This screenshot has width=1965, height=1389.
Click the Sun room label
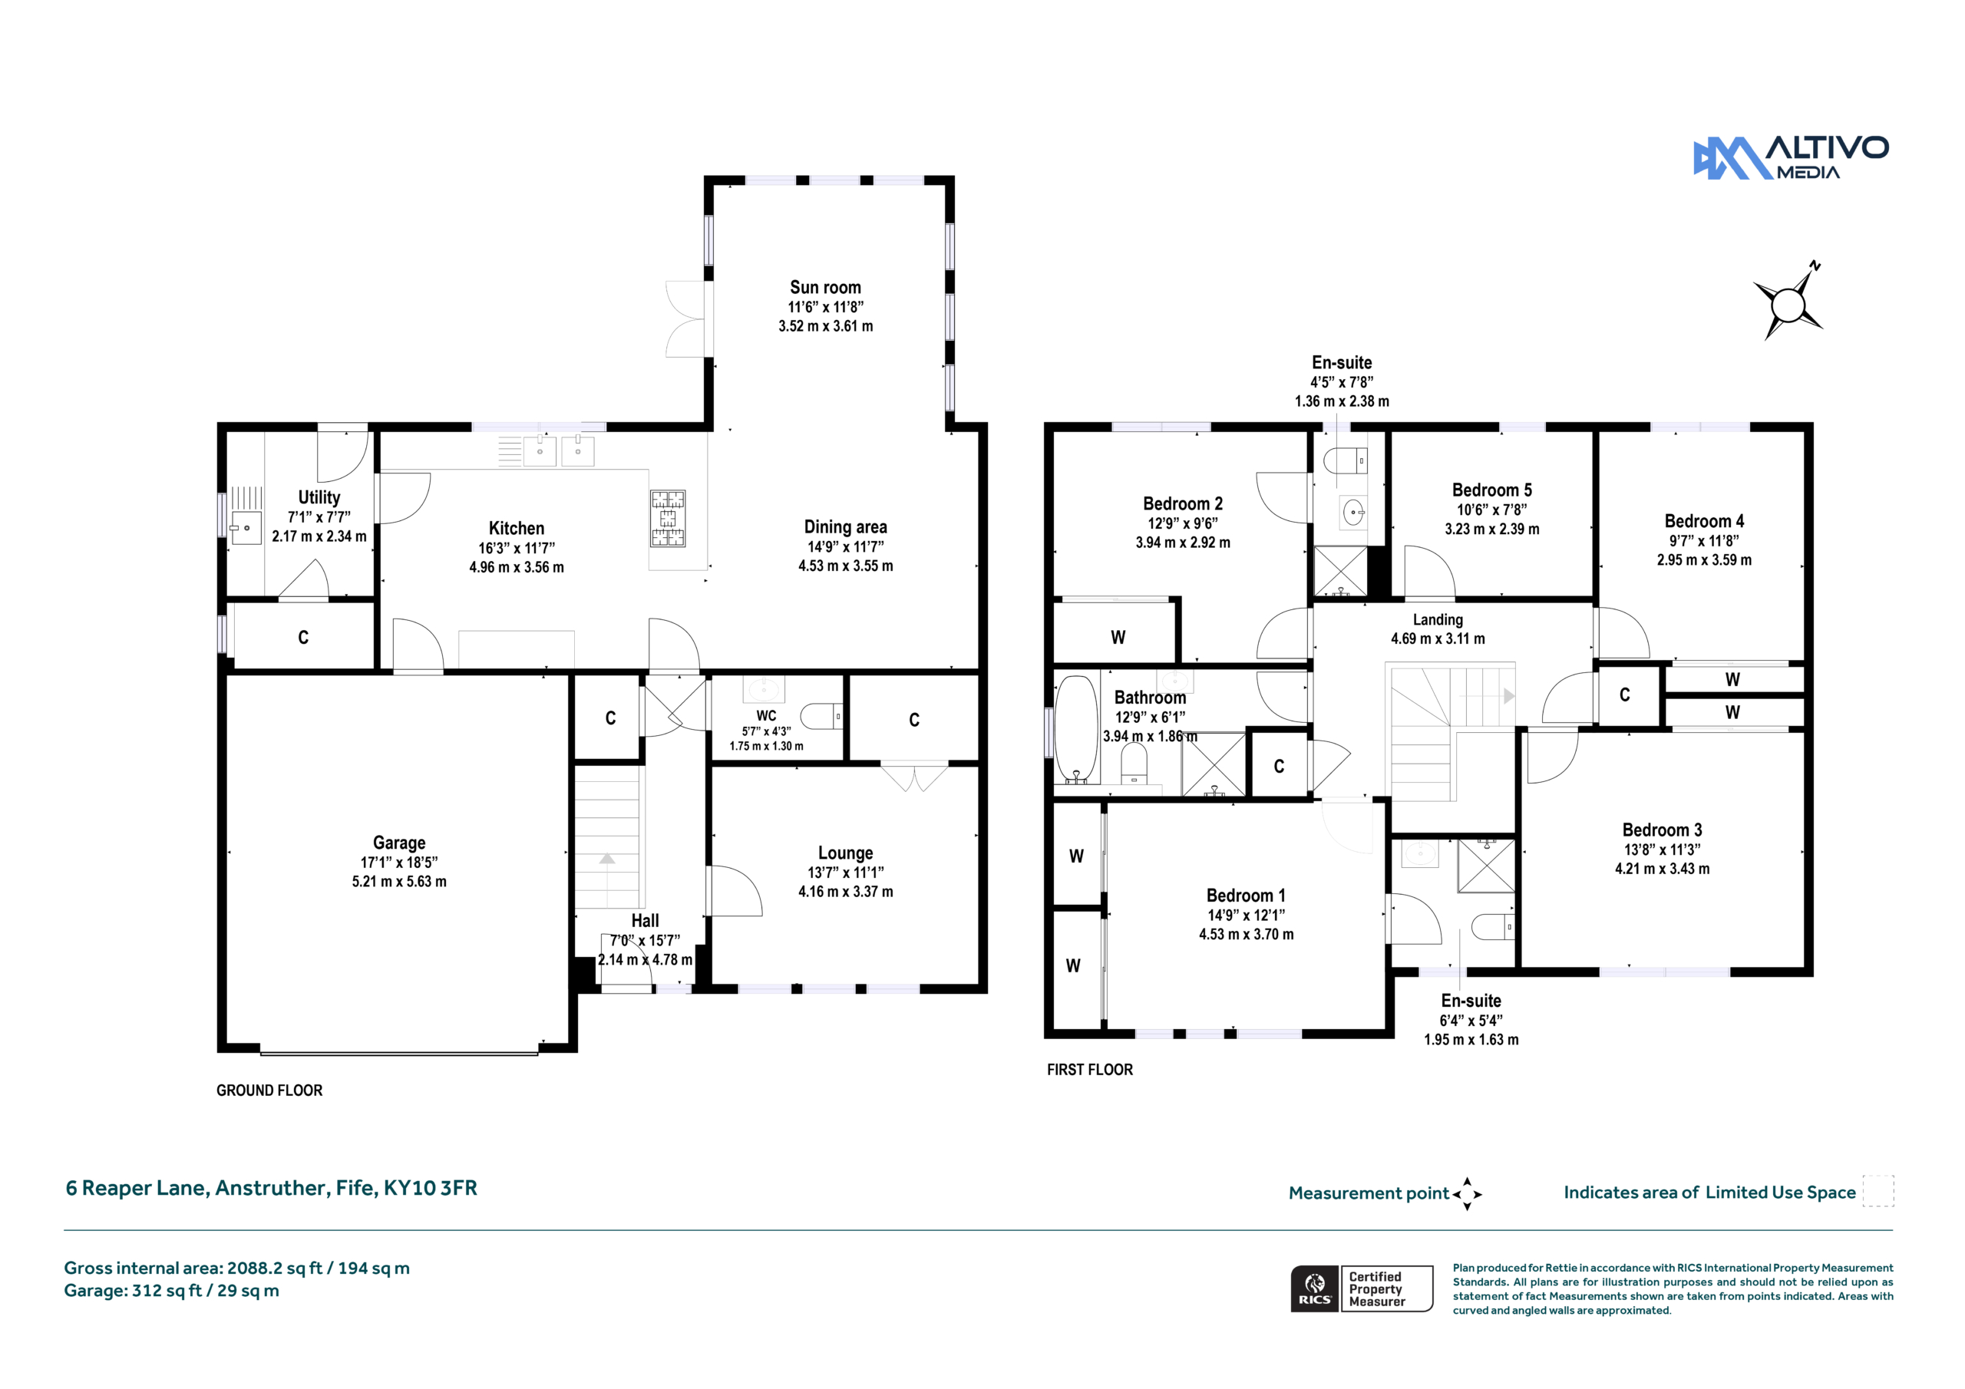click(x=825, y=288)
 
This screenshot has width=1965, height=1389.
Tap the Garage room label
click(x=399, y=843)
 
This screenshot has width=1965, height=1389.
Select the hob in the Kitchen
click(x=668, y=518)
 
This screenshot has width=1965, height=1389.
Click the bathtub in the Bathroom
click(x=1076, y=729)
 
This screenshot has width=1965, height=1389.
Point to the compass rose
click(x=1788, y=303)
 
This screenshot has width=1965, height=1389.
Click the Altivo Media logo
click(x=1791, y=157)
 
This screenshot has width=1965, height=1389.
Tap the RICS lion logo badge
click(x=1315, y=1288)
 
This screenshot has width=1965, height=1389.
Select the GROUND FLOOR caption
click(x=269, y=1090)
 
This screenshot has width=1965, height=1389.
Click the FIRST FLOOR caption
click(x=1089, y=1070)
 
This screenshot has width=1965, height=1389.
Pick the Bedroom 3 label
click(x=1662, y=830)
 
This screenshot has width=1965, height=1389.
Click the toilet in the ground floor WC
click(x=821, y=716)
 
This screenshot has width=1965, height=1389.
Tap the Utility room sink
click(x=246, y=528)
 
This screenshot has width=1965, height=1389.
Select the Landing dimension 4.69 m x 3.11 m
click(x=1438, y=638)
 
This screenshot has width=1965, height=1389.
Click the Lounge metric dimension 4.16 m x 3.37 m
click(x=846, y=892)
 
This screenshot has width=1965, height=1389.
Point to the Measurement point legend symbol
click(x=1467, y=1194)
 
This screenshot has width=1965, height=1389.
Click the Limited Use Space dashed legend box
click(x=1878, y=1191)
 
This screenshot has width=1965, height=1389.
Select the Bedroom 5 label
click(x=1491, y=490)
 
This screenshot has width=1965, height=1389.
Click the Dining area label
click(x=846, y=527)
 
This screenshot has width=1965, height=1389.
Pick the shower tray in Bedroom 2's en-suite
click(x=1341, y=571)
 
